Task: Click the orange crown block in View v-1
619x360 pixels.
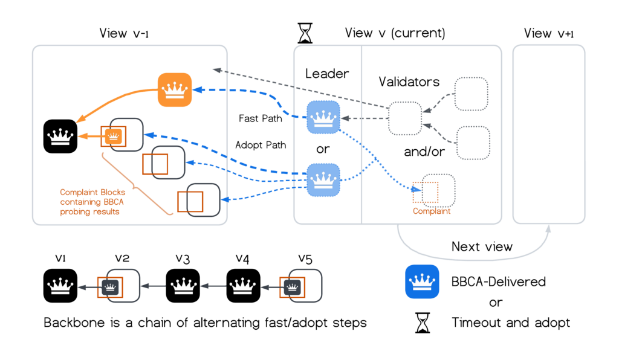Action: point(175,90)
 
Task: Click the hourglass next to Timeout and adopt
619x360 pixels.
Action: point(422,323)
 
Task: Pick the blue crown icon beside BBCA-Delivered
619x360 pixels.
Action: point(422,281)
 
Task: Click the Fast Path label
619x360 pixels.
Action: point(261,118)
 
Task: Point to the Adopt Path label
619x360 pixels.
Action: point(260,145)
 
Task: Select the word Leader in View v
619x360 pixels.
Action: point(327,74)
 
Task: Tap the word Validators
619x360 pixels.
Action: point(409,81)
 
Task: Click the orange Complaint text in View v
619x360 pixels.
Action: point(432,211)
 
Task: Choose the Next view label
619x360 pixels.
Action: point(482,246)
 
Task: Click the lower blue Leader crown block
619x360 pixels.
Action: point(323,179)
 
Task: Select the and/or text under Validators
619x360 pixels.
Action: point(424,152)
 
